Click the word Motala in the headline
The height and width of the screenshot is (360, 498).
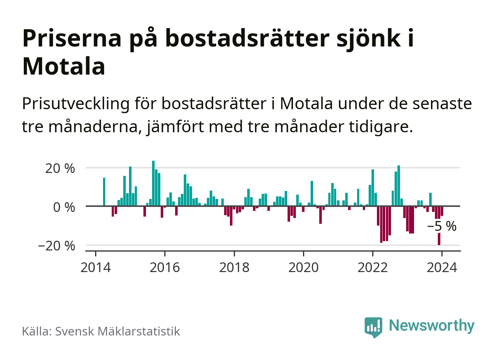(x=64, y=66)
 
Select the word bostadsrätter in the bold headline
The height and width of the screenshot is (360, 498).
(x=247, y=38)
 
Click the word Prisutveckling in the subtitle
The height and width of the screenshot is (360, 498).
(x=76, y=104)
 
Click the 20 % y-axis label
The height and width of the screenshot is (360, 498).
(x=60, y=168)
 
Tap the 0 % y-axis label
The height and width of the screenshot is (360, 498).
(x=64, y=207)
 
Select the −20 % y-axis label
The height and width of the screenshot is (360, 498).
(x=57, y=246)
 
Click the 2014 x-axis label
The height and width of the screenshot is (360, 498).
(x=95, y=268)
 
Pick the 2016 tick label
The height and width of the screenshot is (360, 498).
(x=165, y=268)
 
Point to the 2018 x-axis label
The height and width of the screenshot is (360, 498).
(x=234, y=268)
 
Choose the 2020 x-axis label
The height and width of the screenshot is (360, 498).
(x=303, y=268)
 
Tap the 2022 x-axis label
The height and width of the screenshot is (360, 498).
(x=373, y=268)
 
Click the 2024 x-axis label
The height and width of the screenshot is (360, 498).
(x=442, y=268)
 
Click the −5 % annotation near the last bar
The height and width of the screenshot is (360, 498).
(x=442, y=226)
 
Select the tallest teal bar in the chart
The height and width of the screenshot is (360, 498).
(x=153, y=183)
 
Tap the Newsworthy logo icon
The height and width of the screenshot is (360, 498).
(x=373, y=327)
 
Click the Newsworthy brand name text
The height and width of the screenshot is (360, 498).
(x=432, y=325)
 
